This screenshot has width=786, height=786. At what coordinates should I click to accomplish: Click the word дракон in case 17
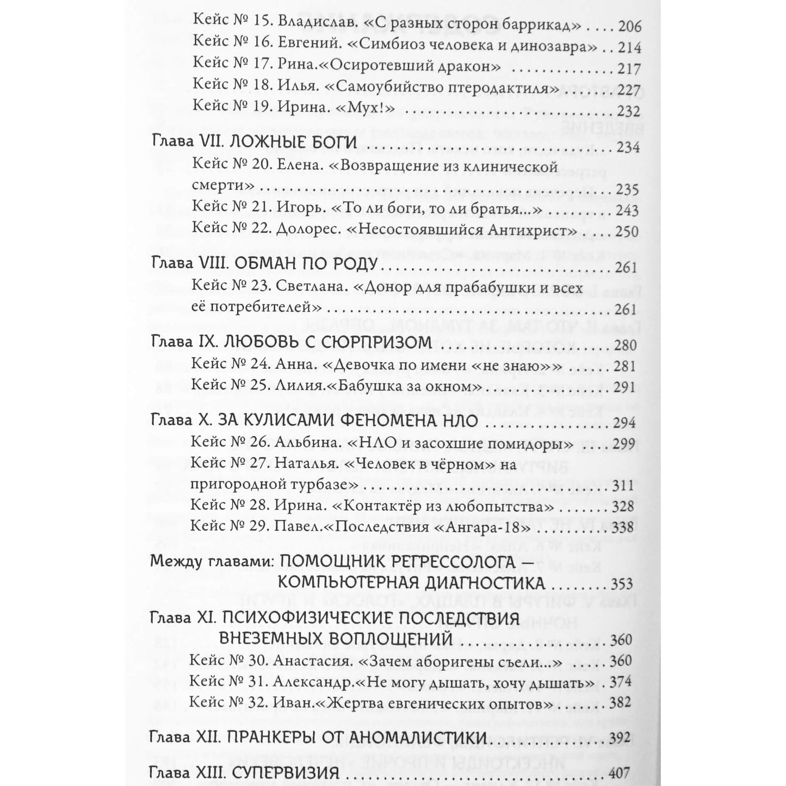point(467,68)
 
